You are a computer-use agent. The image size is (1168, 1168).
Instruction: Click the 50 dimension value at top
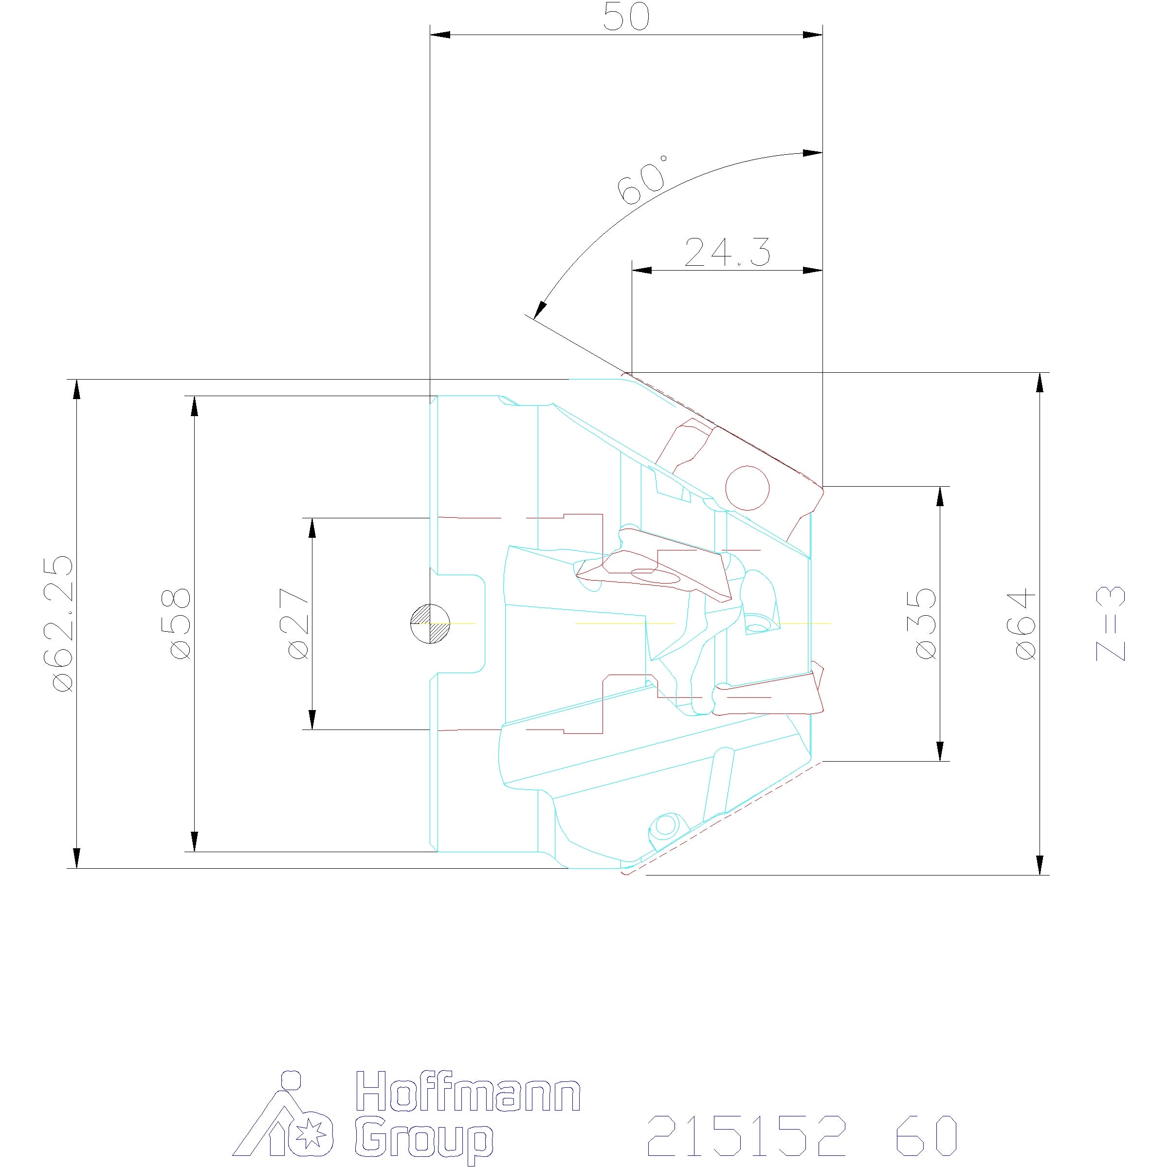point(626,18)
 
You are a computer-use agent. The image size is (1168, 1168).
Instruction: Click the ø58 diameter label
point(180,623)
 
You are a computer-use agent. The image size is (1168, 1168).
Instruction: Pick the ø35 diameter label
point(926,623)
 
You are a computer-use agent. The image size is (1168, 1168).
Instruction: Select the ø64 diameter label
point(1026,623)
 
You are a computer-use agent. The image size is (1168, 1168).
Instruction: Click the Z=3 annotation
point(1111,623)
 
